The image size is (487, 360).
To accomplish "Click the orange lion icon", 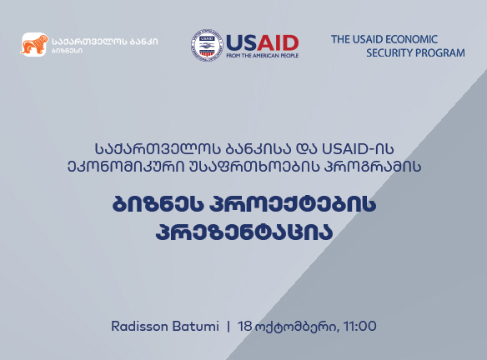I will [x=34, y=45].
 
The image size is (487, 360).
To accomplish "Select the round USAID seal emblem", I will [x=207, y=46].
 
